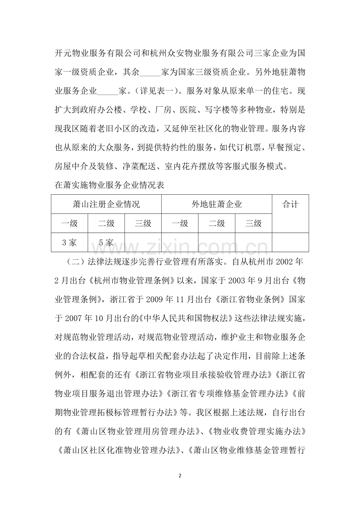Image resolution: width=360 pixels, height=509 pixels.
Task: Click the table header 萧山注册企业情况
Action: (x=106, y=204)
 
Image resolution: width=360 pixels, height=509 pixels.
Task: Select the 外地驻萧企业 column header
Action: (x=216, y=204)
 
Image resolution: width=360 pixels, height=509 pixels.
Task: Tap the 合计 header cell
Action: (x=290, y=204)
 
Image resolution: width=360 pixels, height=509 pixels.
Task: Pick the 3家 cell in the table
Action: (x=69, y=242)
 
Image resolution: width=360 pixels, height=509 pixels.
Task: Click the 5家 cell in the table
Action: (x=106, y=242)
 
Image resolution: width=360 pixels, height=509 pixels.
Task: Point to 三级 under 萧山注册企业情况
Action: (x=143, y=223)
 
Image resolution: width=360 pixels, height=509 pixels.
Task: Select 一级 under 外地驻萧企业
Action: (x=180, y=223)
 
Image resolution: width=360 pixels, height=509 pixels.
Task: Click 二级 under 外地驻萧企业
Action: (x=216, y=223)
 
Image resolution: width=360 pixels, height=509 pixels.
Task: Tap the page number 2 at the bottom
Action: (x=180, y=476)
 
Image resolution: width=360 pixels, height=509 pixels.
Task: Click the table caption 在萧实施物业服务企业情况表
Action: (x=108, y=186)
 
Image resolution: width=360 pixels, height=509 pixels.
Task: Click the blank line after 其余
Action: (x=149, y=73)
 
